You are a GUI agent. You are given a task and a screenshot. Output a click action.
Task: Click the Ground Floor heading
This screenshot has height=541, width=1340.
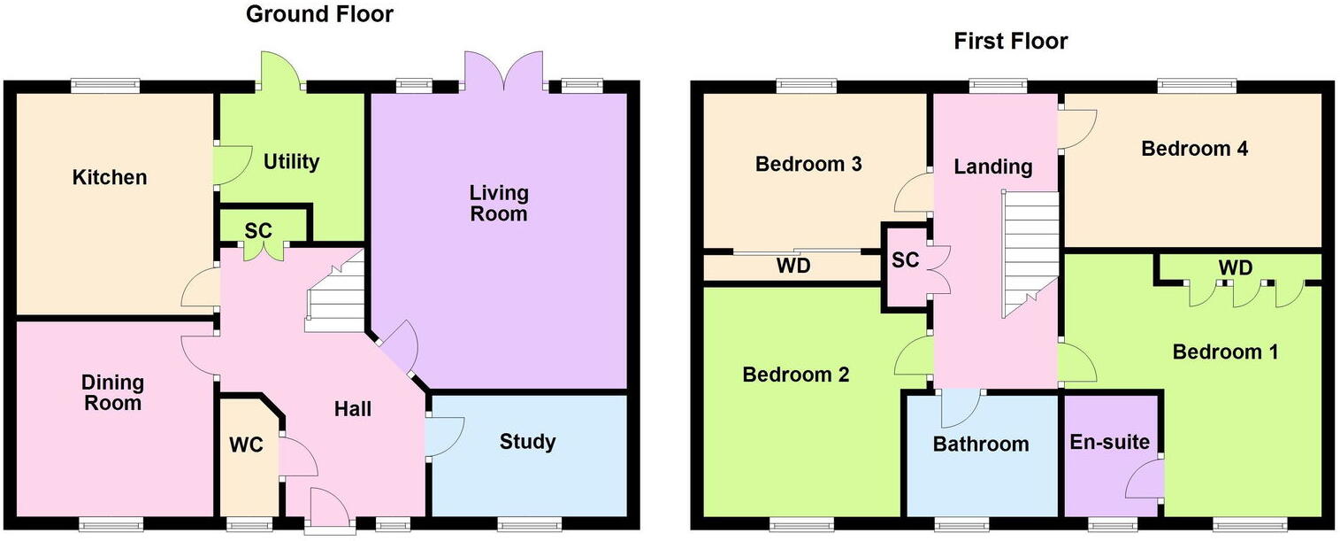pyautogui.click(x=319, y=14)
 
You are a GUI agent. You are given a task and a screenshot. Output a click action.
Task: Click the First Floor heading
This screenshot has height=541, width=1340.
pyautogui.click(x=1011, y=41)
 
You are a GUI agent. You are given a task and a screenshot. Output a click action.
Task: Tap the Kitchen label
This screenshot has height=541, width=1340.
pyautogui.click(x=110, y=177)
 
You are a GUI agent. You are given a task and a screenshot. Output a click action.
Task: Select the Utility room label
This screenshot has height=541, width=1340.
pyautogui.click(x=291, y=162)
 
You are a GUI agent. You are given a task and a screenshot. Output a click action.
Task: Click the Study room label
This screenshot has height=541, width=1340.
pyautogui.click(x=527, y=441)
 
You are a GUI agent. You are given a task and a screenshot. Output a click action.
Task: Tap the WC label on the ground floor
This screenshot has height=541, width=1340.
pyautogui.click(x=247, y=444)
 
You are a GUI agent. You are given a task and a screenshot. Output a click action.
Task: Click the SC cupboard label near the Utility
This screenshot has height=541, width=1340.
pyautogui.click(x=258, y=230)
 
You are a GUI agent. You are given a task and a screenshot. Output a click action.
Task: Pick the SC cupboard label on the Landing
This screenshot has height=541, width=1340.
pyautogui.click(x=906, y=260)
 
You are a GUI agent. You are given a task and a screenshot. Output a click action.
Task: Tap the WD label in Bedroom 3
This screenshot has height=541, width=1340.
pyautogui.click(x=793, y=267)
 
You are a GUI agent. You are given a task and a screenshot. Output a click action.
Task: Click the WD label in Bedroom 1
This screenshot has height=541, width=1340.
pyautogui.click(x=1235, y=267)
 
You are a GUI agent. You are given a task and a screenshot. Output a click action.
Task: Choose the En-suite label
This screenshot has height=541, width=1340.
pyautogui.click(x=1109, y=441)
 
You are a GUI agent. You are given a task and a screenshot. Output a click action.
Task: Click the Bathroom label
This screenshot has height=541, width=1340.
pyautogui.click(x=981, y=444)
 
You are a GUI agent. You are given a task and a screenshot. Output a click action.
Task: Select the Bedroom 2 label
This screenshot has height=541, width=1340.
pyautogui.click(x=795, y=375)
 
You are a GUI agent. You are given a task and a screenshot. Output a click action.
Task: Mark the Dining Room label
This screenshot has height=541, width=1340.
pyautogui.click(x=112, y=392)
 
